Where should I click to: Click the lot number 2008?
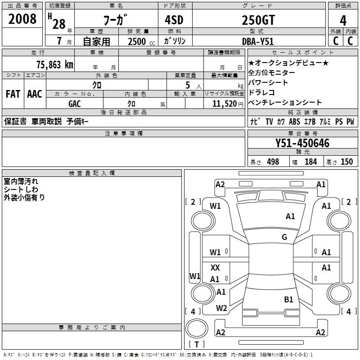[x=22, y=19]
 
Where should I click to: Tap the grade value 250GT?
[x=258, y=20]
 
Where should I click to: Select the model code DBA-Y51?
[x=258, y=41]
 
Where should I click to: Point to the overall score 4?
[x=343, y=21]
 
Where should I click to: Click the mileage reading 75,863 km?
[x=55, y=64]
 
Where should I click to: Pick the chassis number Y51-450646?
[x=302, y=143]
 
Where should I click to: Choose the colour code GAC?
[x=75, y=104]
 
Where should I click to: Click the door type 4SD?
[x=174, y=20]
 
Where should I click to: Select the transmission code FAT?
[x=13, y=94]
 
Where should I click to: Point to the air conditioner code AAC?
[x=35, y=94]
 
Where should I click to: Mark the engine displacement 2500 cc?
[x=141, y=41]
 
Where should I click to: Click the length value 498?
[x=273, y=162]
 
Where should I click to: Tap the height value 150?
[x=346, y=162]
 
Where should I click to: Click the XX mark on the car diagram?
[x=215, y=267]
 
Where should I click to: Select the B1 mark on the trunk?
[x=288, y=299]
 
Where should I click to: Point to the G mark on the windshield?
[x=284, y=237]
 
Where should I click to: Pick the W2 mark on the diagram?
[x=221, y=308]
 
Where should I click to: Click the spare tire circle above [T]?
[x=197, y=328]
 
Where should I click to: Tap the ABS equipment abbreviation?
[x=294, y=121]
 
